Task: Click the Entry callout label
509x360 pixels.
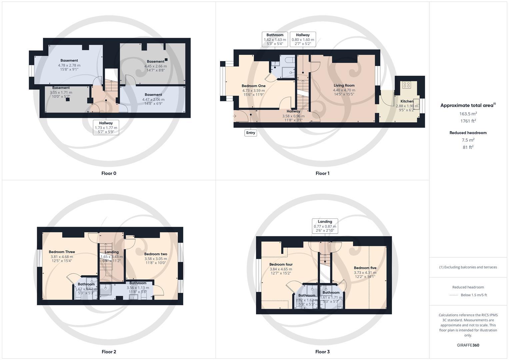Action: pos(250,133)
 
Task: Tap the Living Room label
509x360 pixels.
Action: pos(344,85)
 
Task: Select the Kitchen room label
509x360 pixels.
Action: pos(407,101)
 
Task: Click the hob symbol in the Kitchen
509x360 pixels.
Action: pos(406,85)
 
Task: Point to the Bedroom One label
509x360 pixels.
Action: pos(253,86)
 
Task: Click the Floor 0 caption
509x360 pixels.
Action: pos(109,173)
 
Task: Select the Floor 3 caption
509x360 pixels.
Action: pos(322,352)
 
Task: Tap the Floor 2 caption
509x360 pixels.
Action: pos(109,352)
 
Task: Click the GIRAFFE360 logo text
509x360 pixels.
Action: pos(468,345)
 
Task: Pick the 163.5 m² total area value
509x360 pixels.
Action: pos(468,114)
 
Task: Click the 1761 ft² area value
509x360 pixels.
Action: pos(468,121)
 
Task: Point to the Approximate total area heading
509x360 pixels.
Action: pos(468,105)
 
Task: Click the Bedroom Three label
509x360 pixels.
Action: pos(62,252)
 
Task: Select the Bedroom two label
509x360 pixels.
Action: pos(156,254)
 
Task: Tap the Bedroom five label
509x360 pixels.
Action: pos(365,268)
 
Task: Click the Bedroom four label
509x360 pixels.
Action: pos(281,264)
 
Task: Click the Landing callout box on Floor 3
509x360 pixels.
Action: pos(325,226)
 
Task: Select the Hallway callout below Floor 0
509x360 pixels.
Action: pos(106,127)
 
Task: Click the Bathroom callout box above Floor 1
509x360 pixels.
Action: pos(275,39)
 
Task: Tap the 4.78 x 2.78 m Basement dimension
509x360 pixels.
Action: pos(69,65)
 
